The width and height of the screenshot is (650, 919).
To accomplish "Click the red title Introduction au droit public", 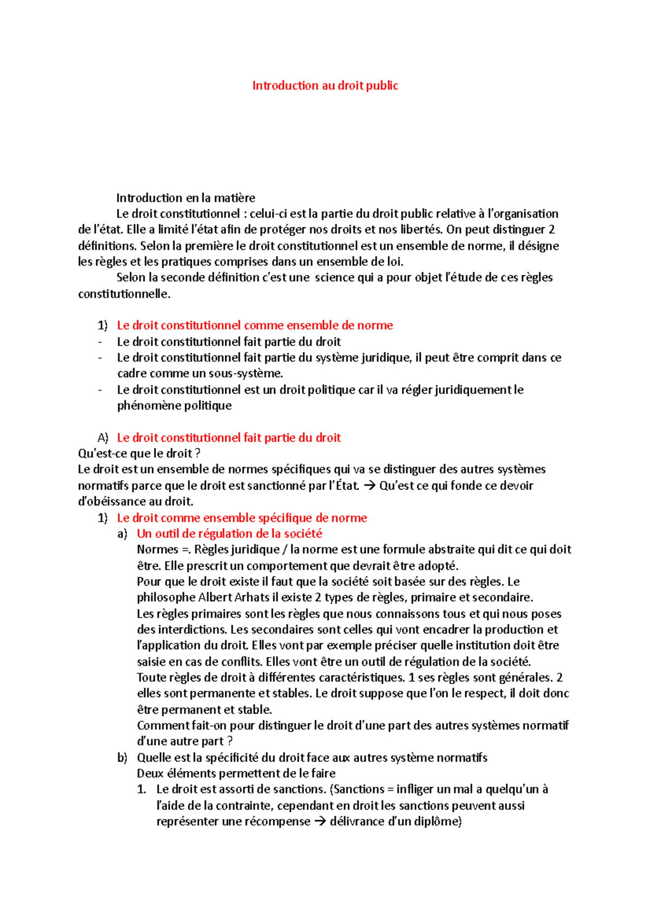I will coord(325,86).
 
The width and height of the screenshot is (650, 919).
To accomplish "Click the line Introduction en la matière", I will coord(186,198).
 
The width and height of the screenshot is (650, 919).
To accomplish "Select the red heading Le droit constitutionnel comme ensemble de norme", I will coord(255,325).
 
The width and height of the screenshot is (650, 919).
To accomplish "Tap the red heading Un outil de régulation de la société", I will coord(229,534).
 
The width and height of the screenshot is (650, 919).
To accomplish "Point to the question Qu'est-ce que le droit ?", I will coord(139,454).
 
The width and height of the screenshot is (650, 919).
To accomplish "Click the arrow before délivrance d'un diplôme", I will coord(320,822).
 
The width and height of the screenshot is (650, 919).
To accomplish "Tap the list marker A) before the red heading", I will coord(103,438).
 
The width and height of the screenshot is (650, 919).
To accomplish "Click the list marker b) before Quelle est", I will coord(122,758).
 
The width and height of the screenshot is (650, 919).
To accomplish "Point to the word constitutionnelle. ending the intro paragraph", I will coord(124,294).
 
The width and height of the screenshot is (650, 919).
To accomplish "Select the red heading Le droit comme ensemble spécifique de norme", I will coord(242,518).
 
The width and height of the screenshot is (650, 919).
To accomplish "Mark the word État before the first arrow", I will coord(347,485).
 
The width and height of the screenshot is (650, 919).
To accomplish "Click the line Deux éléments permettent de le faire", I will coord(236,773).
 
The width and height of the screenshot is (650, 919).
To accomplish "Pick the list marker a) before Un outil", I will coord(122,534).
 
